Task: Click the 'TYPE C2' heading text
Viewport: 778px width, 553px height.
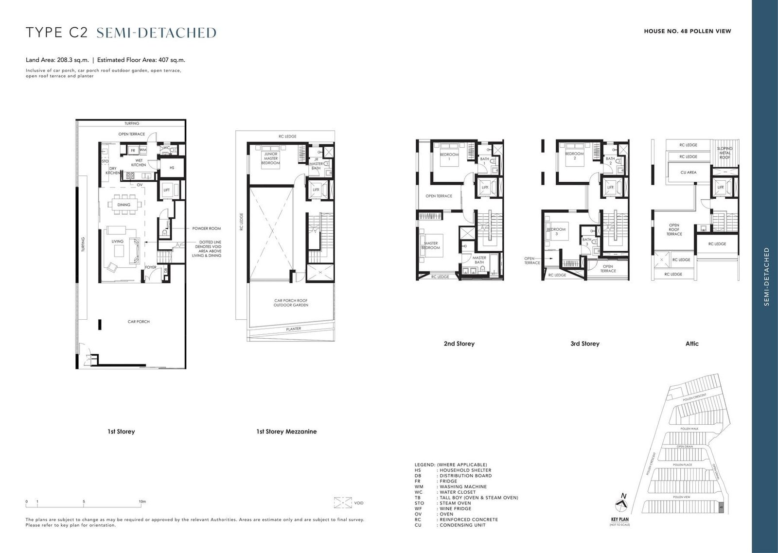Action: pos(56,33)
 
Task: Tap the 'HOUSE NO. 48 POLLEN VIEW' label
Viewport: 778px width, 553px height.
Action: pos(687,31)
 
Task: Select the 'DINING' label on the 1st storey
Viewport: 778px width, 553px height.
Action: pos(124,205)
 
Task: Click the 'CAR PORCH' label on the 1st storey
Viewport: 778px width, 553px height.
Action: pos(139,322)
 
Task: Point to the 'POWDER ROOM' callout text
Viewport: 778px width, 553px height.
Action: pos(207,228)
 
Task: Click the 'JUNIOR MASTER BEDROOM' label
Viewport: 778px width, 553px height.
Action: pos(270,158)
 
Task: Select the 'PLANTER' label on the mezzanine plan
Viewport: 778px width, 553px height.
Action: pos(293,329)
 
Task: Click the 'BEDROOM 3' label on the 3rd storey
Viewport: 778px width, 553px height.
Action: pos(556,232)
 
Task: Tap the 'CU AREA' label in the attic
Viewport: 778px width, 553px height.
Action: pos(688,172)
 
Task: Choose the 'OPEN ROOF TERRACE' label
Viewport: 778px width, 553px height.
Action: pos(674,229)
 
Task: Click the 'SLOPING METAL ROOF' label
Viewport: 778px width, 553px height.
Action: pos(725,153)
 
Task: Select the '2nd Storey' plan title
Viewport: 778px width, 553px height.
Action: pos(459,344)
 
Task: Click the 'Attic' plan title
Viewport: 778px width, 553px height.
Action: pos(691,344)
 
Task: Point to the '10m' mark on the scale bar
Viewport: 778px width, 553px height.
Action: pos(142,501)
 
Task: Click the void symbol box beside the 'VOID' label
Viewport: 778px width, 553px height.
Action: pos(343,502)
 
